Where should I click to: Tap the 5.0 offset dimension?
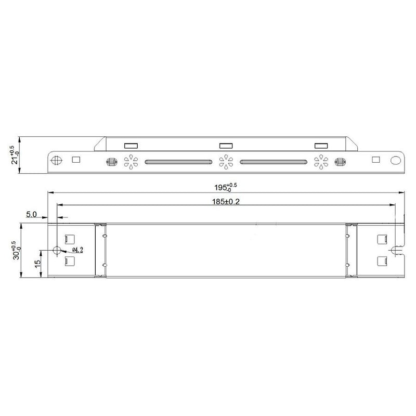pos(31,214)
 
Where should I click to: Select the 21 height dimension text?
pos(14,155)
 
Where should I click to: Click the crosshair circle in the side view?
pos(58,160)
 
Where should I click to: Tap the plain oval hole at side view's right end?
pos(397,161)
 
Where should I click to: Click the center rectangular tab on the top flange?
pos(225,146)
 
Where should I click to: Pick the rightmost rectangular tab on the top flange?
pos(320,146)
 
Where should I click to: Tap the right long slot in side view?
pos(273,162)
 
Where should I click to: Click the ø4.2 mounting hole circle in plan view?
pos(57,250)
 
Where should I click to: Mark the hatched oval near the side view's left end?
pos(110,162)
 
